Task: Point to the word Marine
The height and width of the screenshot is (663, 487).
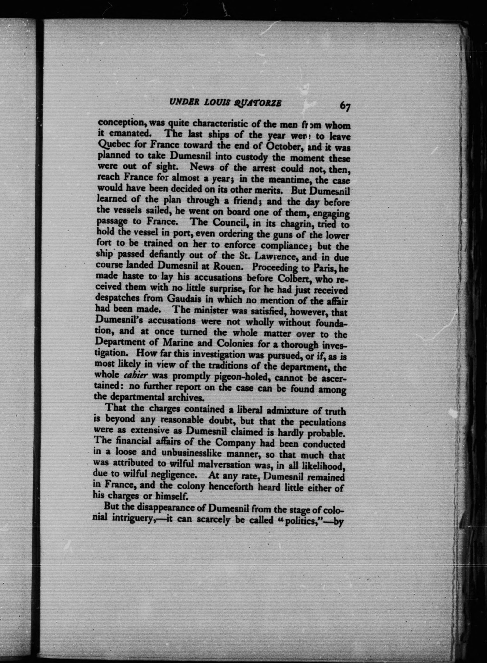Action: (179, 343)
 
